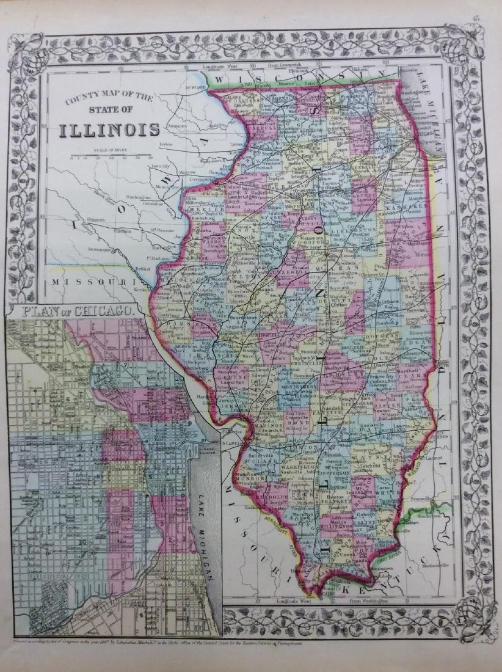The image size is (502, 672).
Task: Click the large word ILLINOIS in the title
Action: tap(109, 130)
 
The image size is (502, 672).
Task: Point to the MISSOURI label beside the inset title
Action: tap(92, 282)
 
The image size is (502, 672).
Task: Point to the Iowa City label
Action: tap(160, 166)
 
